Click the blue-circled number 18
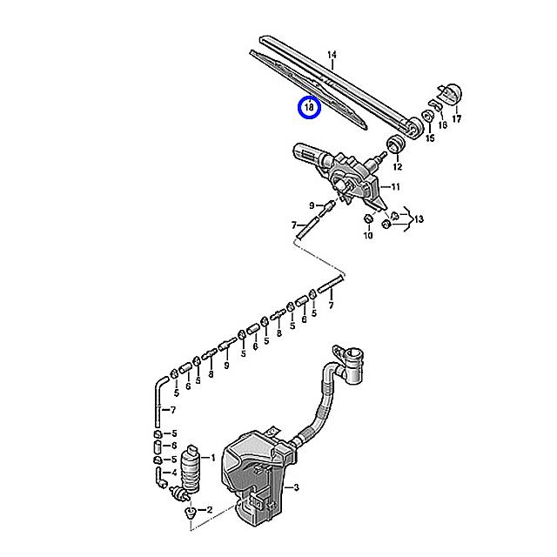(310, 108)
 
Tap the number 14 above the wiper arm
(332, 56)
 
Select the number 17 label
(456, 118)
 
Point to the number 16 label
(442, 125)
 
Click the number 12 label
(397, 166)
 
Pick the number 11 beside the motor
(395, 187)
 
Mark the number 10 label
(368, 235)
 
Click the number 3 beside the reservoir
(296, 488)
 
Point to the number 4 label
(174, 473)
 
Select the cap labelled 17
(451, 92)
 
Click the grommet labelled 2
(189, 513)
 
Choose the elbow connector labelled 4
(159, 477)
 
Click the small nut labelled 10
(368, 218)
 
